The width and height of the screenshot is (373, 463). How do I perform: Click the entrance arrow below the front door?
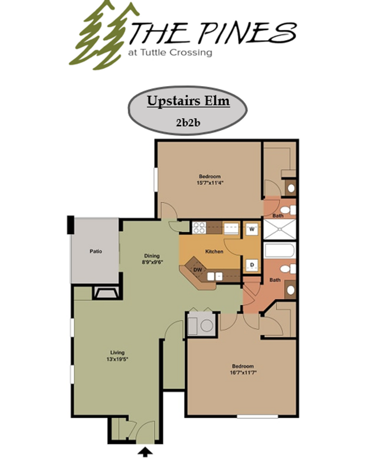146,451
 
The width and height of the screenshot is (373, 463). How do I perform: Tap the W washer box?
252,228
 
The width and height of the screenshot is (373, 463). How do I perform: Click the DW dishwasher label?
197,270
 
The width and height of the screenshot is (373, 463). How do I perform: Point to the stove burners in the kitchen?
199,227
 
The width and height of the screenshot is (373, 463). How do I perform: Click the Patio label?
96,251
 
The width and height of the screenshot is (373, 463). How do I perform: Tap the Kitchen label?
214,251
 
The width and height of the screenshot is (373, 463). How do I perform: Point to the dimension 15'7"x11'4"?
209,182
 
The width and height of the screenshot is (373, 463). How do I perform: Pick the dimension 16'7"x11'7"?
243,373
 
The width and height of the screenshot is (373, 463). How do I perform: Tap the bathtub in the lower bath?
279,250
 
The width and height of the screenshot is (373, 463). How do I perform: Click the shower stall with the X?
279,229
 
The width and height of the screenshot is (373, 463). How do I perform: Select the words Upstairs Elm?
188,101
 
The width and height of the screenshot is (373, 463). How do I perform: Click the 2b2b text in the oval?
188,122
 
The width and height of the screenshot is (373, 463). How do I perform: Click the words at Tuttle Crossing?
170,53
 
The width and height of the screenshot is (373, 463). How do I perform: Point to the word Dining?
152,256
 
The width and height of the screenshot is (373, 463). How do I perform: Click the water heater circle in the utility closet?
206,325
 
